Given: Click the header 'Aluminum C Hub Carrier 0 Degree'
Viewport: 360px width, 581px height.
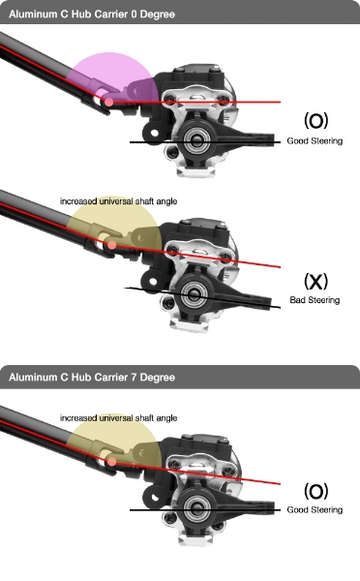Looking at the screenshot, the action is coord(92,15).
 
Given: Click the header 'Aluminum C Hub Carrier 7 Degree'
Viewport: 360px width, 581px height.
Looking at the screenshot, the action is coord(92,378).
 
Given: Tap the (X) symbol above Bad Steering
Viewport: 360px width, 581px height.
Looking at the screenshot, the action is coord(315,281).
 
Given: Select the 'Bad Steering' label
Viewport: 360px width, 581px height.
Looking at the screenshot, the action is coord(315,300).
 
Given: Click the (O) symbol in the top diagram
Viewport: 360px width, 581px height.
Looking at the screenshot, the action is coord(315,121).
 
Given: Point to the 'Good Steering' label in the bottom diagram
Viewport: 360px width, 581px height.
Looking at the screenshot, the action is coord(315,510).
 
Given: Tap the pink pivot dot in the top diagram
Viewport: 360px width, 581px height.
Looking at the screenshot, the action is coord(109,102).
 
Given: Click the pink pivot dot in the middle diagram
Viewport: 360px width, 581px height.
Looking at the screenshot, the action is coord(111,245).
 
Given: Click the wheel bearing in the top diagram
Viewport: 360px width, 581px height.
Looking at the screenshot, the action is coord(195,140).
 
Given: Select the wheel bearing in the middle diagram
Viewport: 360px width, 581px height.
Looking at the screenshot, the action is coord(194,294).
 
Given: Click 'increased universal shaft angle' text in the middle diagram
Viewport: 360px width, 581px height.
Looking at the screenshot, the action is coord(118,201).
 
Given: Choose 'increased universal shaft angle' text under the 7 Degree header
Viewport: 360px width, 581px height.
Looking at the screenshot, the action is coord(118,418).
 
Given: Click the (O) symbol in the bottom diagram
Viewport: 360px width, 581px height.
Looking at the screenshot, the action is coord(315,491).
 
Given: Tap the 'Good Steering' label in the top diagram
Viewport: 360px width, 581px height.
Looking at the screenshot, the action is coord(315,140).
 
